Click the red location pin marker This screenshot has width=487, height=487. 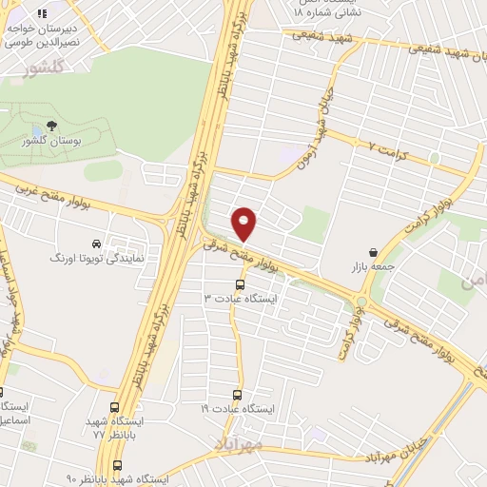tap(244, 223)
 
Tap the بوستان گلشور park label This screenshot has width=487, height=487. tap(50, 142)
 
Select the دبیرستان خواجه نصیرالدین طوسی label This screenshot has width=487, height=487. tap(40, 36)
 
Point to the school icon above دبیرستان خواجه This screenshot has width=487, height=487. tap(41, 13)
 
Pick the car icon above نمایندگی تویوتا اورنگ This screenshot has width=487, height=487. tap(95, 243)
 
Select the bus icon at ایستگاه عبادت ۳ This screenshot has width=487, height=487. tap(238, 283)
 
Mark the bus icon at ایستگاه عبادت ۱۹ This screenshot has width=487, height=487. tap(238, 395)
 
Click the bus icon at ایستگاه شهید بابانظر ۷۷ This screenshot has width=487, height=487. tap(116, 407)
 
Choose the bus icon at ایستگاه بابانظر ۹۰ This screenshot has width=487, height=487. tap(117, 466)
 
